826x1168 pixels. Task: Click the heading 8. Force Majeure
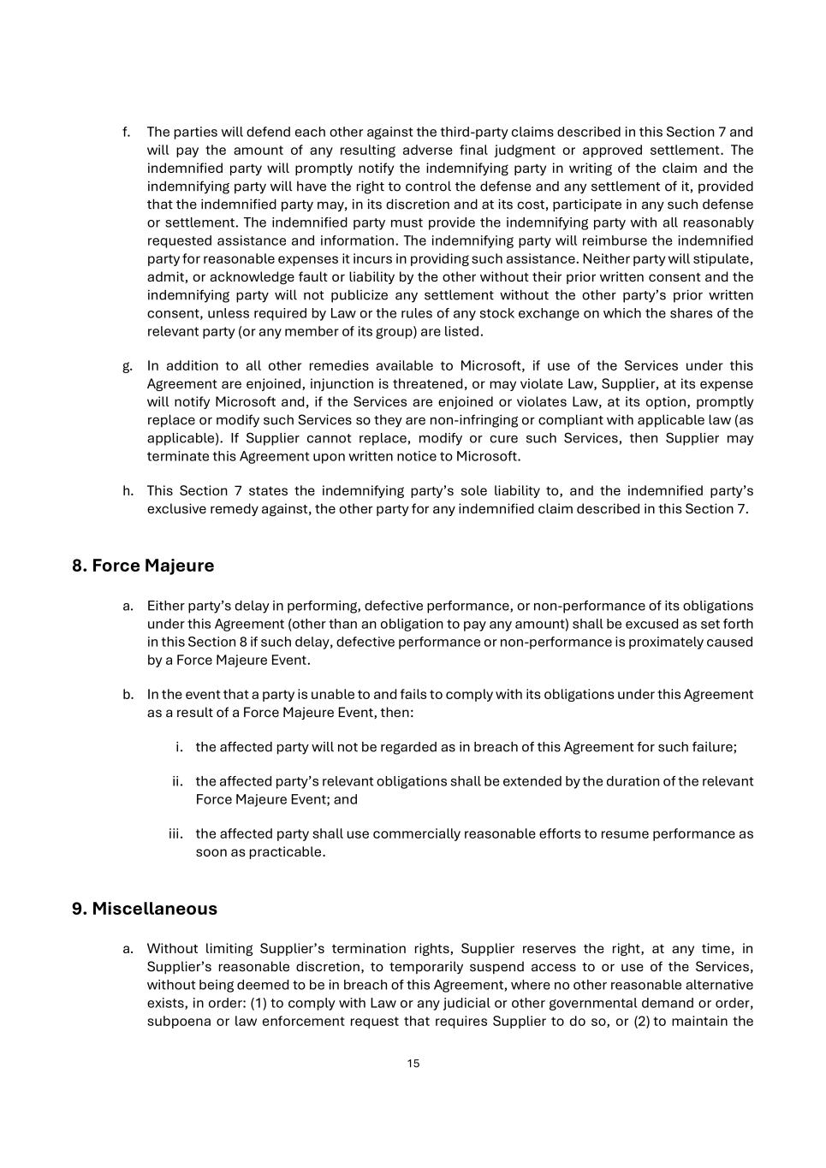pyautogui.click(x=143, y=566)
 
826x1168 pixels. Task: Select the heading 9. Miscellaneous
pyautogui.click(x=144, y=909)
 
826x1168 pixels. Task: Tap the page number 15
pyautogui.click(x=413, y=1064)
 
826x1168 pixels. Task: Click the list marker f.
pyautogui.click(x=126, y=132)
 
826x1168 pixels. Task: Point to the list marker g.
pyautogui.click(x=127, y=366)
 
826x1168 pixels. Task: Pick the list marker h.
pyautogui.click(x=128, y=491)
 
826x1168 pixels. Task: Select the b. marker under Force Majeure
pyautogui.click(x=128, y=695)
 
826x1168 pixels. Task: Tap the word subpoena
pyautogui.click(x=178, y=1021)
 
